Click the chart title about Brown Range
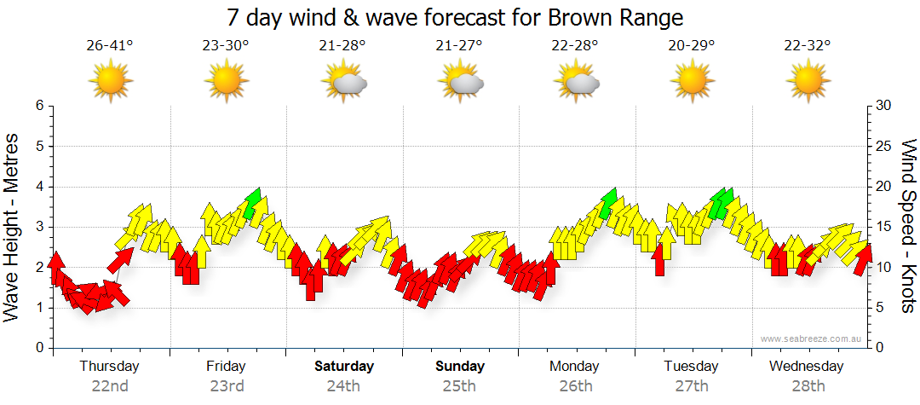456,17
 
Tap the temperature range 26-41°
110,46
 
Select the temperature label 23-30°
226,46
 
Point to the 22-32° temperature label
808,46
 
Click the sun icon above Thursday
110,82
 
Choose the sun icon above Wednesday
808,82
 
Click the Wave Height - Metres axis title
13,226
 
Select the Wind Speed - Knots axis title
908,226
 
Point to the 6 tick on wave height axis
39,106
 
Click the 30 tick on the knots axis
883,106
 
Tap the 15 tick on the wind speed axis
883,227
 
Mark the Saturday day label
344,367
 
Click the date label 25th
460,386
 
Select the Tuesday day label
692,367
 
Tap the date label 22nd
110,386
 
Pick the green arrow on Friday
251,203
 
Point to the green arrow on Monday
607,203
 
